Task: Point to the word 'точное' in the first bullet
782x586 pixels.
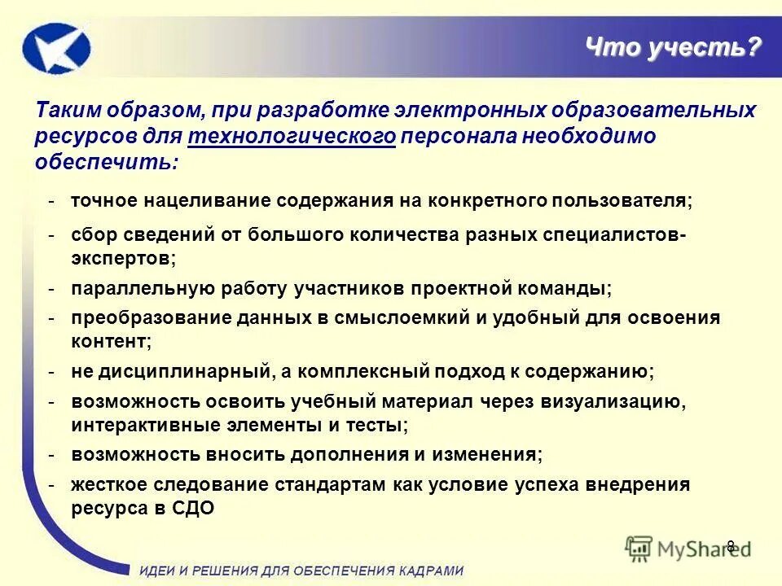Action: pyautogui.click(x=105, y=200)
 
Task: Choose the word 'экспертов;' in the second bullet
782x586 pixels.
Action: pyautogui.click(x=122, y=259)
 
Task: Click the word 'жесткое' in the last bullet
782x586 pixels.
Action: pyautogui.click(x=108, y=484)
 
